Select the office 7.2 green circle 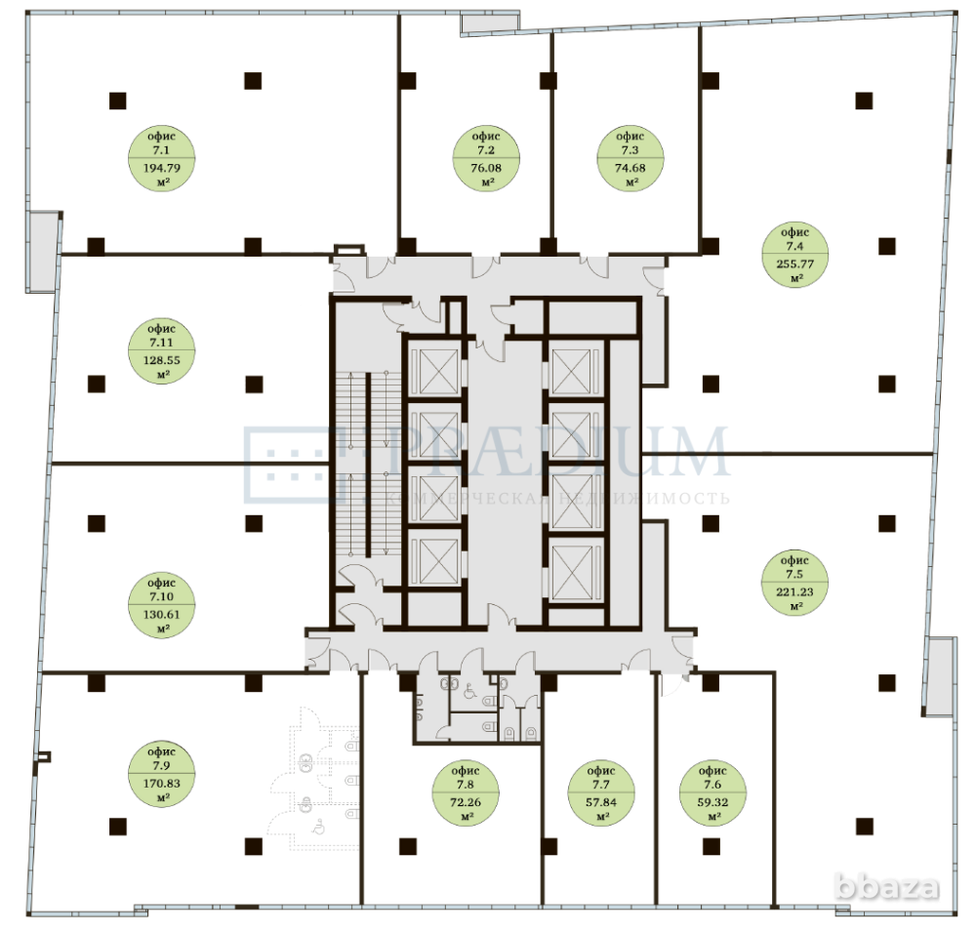pyautogui.click(x=486, y=159)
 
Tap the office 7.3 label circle pyautogui.click(x=630, y=159)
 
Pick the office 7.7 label pyautogui.click(x=601, y=791)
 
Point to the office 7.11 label pyautogui.click(x=162, y=351)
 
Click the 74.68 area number pyautogui.click(x=630, y=167)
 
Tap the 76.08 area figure pyautogui.click(x=486, y=167)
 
